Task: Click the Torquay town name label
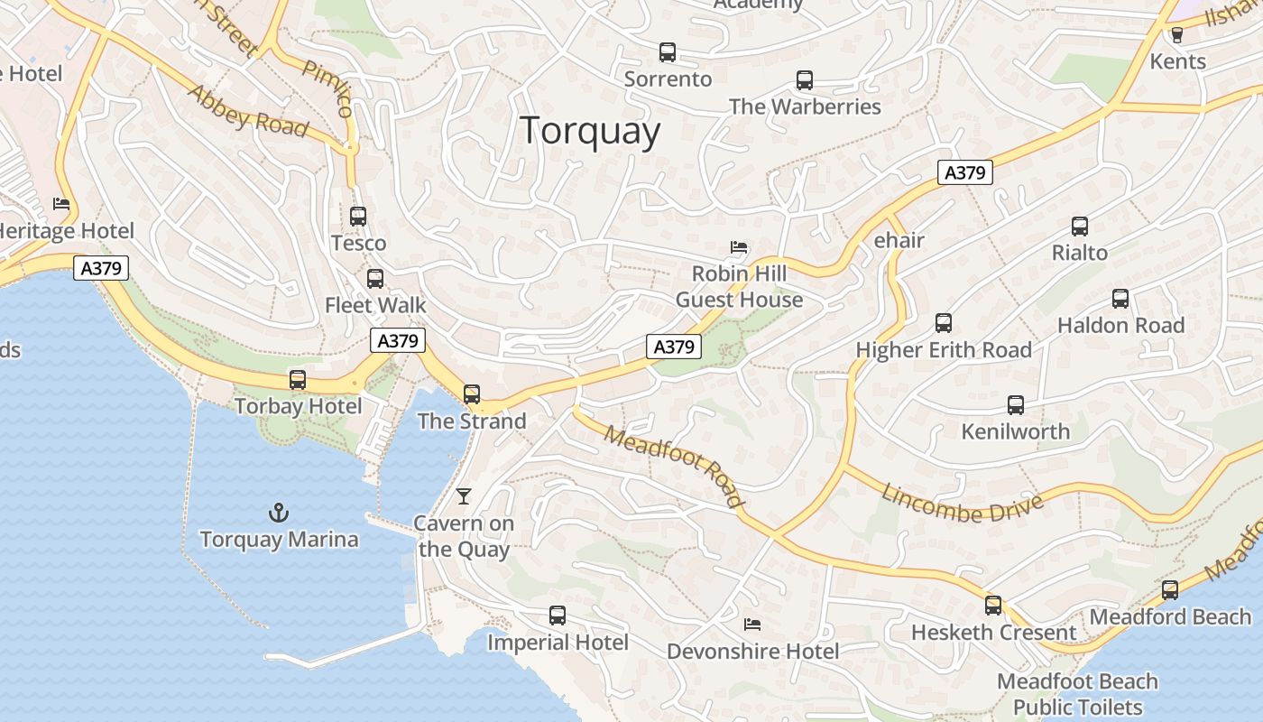[x=590, y=131]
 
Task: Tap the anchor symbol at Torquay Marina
[x=279, y=514]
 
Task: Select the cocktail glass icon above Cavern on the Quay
[x=464, y=495]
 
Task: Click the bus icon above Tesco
[x=358, y=217]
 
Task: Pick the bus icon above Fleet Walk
[x=375, y=279]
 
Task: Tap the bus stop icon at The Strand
[x=472, y=394]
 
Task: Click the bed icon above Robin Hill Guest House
[x=739, y=246]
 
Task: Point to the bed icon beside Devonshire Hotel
[x=752, y=625]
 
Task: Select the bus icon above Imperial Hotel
[x=558, y=616]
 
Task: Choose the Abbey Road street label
[x=247, y=111]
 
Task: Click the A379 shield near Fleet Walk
[x=398, y=340]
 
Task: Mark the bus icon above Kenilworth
[x=1016, y=405]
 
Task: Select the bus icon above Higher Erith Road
[x=944, y=323]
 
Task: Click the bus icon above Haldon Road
[x=1120, y=299]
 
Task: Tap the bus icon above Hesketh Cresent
[x=993, y=606]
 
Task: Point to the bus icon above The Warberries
[x=805, y=80]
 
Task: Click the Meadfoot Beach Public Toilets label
[x=1077, y=694]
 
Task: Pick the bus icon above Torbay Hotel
[x=298, y=380]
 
